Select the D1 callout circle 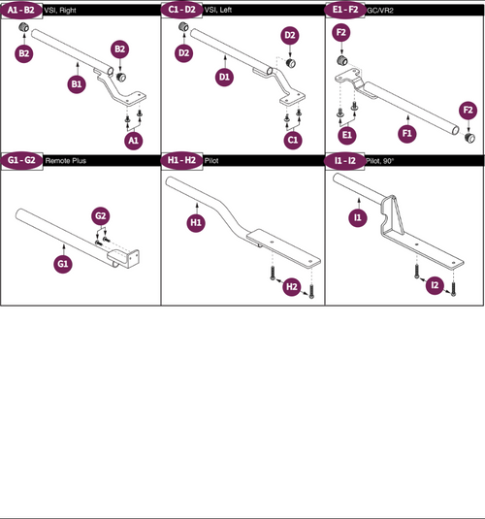click(224, 76)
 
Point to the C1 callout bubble click(293, 140)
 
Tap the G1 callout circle click(62, 263)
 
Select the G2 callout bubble click(100, 214)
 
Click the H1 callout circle click(196, 222)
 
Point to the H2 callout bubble click(291, 287)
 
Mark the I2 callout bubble click(436, 285)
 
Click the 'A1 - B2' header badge click(20, 9)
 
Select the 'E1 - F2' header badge click(343, 9)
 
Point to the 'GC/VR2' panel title click(380, 10)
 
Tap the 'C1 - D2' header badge click(181, 9)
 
